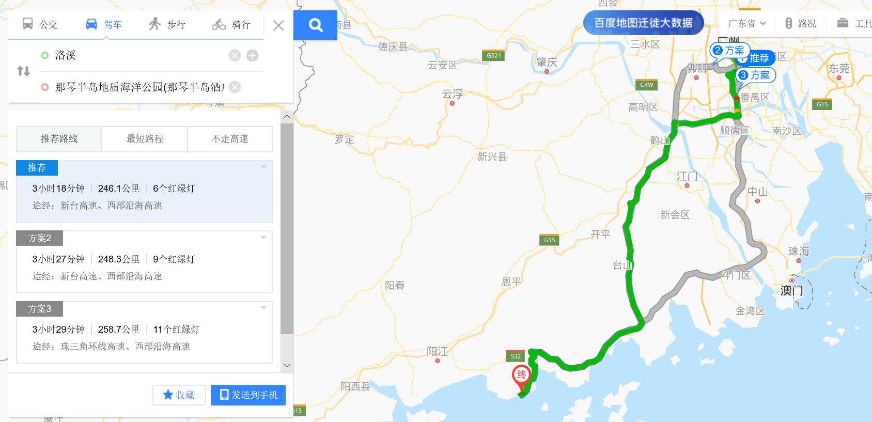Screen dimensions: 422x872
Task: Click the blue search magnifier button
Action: [x=315, y=25]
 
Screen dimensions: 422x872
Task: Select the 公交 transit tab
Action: [x=40, y=24]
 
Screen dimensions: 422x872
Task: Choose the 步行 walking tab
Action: [x=167, y=24]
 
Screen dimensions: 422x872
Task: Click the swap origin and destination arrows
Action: [x=23, y=71]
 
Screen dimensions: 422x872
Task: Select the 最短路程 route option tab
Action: [x=145, y=139]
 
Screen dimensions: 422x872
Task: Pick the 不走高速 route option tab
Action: [x=230, y=139]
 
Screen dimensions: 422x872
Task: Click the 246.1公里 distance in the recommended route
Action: [x=119, y=189]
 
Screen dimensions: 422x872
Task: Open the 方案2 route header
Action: [x=40, y=238]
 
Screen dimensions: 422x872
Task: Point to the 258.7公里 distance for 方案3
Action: [x=119, y=330]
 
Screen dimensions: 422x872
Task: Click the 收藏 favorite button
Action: [x=179, y=395]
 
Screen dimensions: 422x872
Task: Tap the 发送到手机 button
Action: [x=248, y=395]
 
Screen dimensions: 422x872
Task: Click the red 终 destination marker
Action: [x=521, y=377]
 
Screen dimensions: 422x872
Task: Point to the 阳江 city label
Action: [x=437, y=352]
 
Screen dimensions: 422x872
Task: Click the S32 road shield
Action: [x=516, y=356]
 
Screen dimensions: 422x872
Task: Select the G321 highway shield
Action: [x=494, y=55]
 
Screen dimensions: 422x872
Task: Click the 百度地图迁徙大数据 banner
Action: [x=643, y=23]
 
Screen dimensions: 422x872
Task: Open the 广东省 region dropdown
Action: [x=746, y=24]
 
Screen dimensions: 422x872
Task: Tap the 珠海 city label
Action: [x=798, y=252]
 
